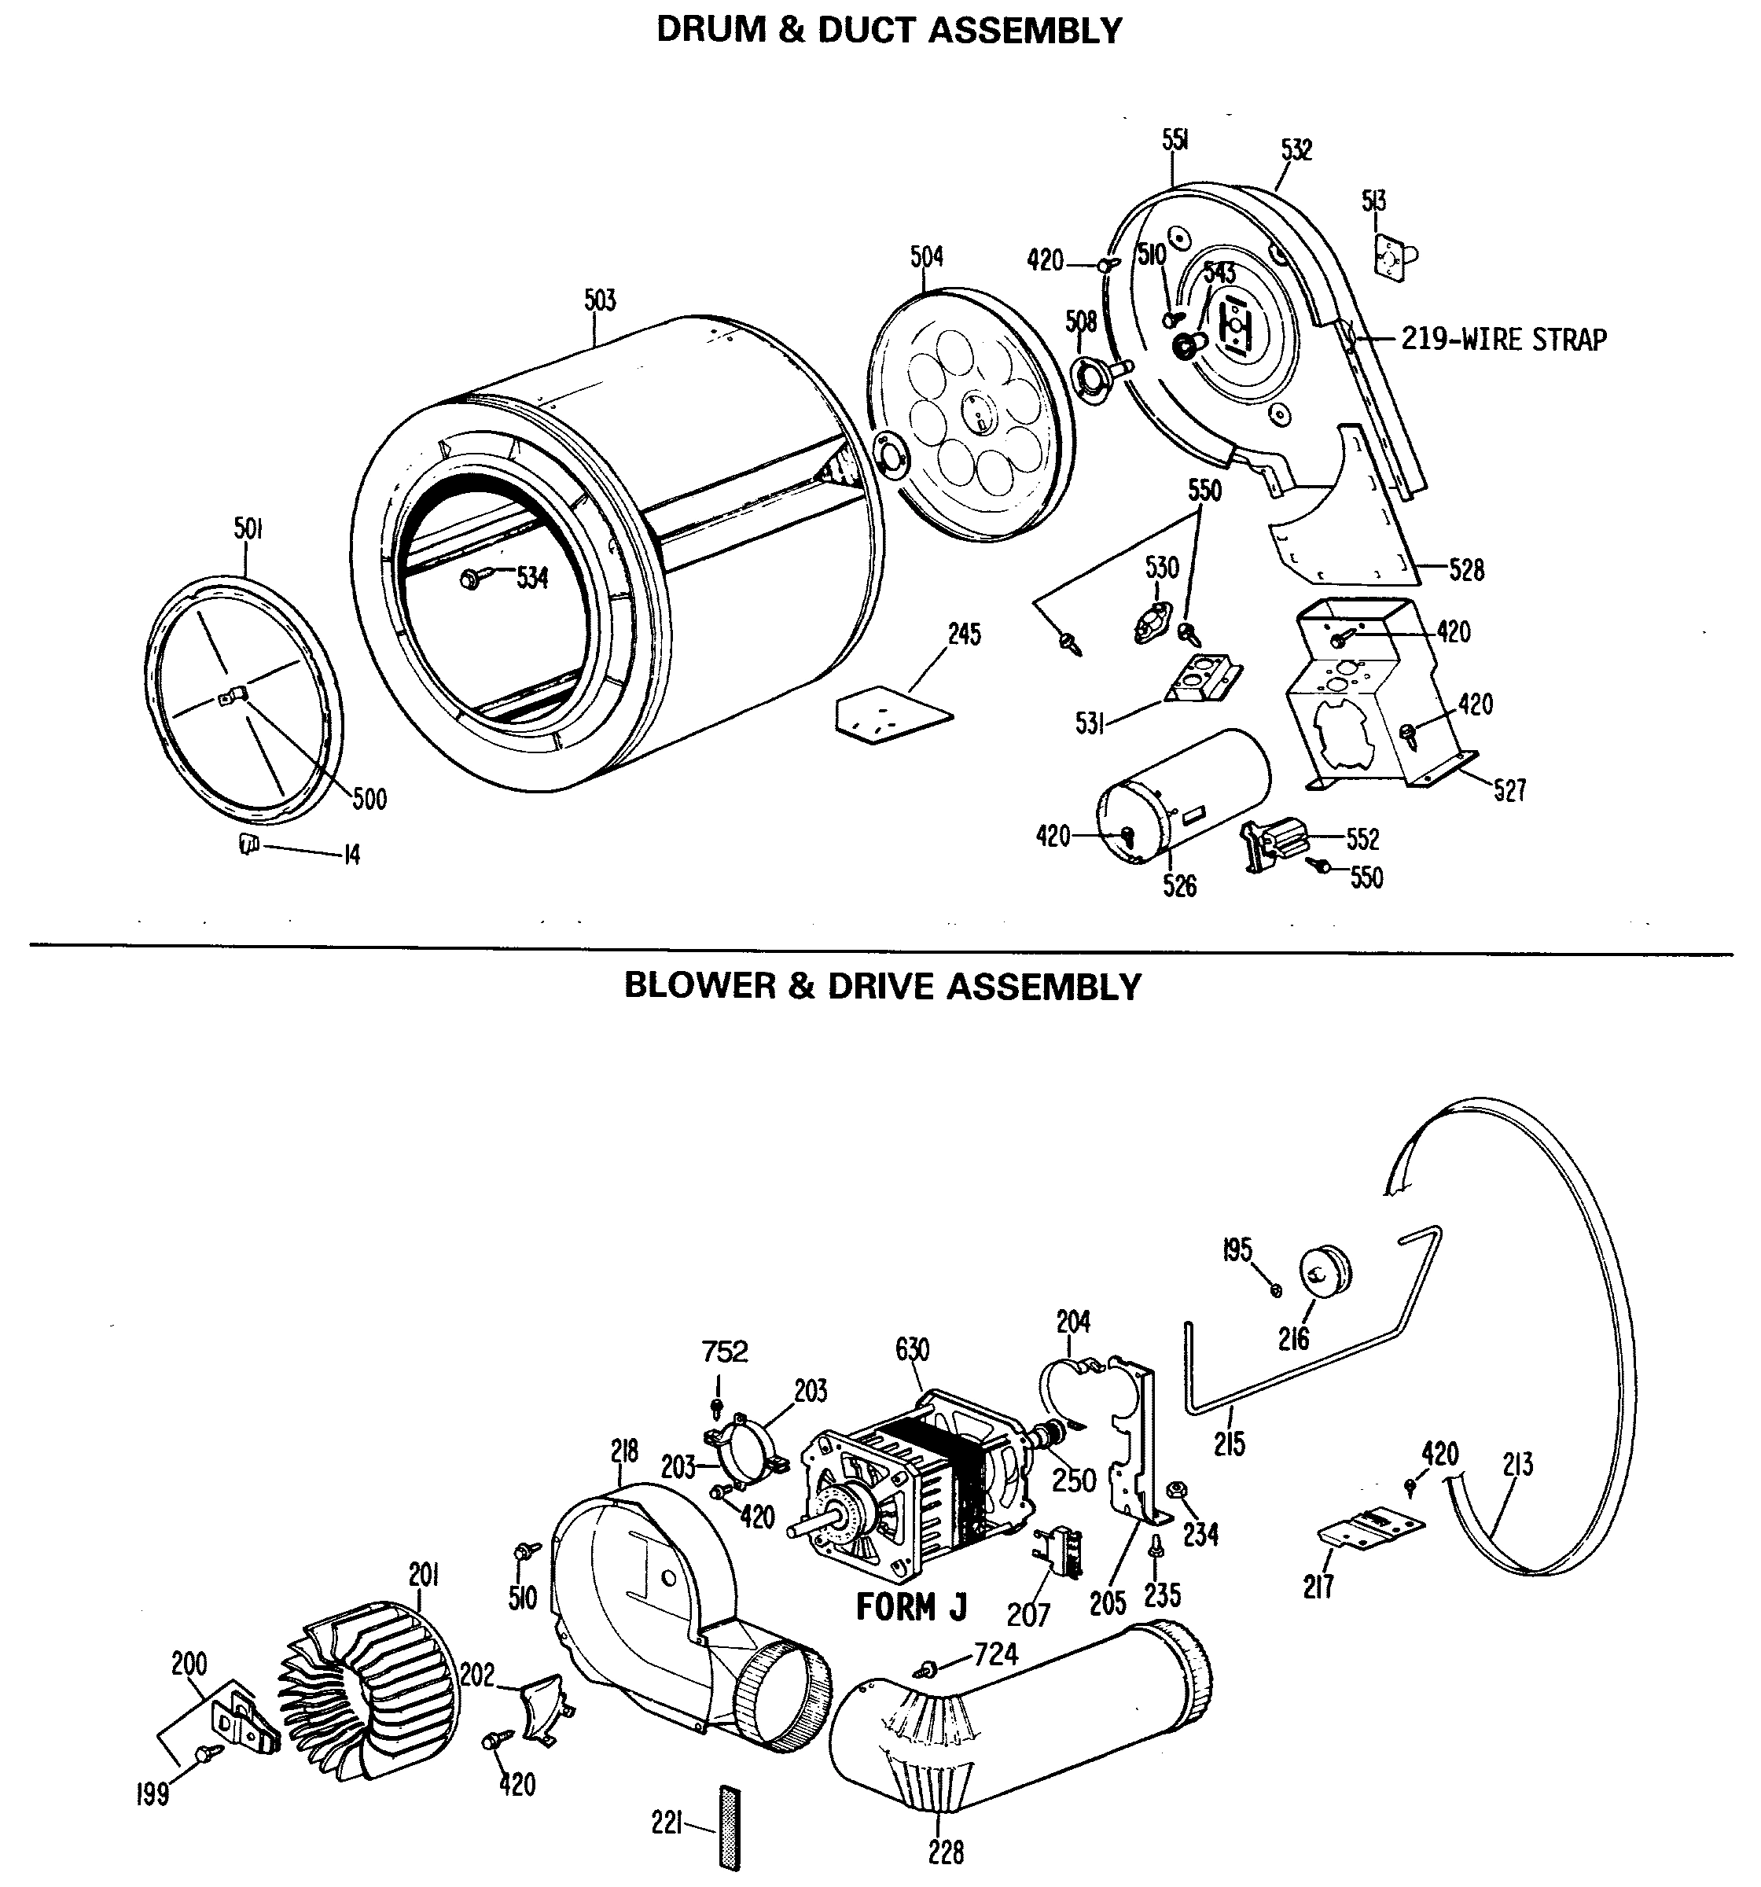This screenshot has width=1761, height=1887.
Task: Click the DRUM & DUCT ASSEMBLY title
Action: [x=888, y=31]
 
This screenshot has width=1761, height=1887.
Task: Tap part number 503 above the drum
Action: [x=600, y=301]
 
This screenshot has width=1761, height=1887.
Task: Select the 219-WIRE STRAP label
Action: [x=1504, y=339]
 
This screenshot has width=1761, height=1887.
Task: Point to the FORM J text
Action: [x=910, y=1607]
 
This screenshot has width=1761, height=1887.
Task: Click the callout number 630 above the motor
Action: [x=912, y=1350]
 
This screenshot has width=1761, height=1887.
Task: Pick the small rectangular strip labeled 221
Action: [x=729, y=1826]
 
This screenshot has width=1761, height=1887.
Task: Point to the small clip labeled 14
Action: [x=248, y=843]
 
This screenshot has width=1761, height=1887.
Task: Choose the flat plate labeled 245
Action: [x=891, y=714]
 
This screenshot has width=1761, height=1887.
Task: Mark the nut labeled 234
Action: [x=1176, y=1488]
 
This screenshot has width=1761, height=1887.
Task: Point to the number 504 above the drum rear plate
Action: [x=927, y=256]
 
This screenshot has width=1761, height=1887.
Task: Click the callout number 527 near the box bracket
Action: [x=1509, y=789]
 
